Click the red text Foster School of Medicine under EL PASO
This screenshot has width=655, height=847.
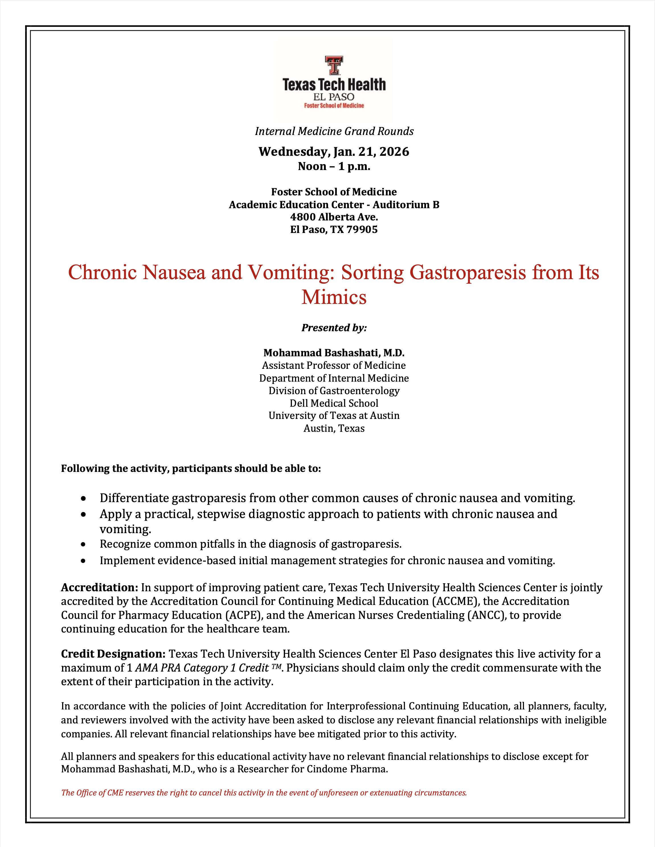click(334, 105)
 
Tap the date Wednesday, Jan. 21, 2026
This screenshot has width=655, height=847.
click(334, 152)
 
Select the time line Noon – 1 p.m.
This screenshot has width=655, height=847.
click(334, 166)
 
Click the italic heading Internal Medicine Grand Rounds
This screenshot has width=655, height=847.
click(334, 132)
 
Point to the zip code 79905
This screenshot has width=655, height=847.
click(362, 230)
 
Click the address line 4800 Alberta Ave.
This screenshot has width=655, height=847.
click(334, 217)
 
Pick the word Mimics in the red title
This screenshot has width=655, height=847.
click(334, 297)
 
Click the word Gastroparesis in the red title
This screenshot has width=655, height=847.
click(468, 272)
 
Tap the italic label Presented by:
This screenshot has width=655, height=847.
click(334, 328)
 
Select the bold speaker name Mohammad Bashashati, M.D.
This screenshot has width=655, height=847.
click(334, 353)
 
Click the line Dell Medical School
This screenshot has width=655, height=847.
click(334, 403)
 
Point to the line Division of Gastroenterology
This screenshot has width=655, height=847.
click(334, 391)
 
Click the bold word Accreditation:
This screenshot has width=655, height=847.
click(99, 588)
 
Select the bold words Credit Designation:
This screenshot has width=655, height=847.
click(113, 654)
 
